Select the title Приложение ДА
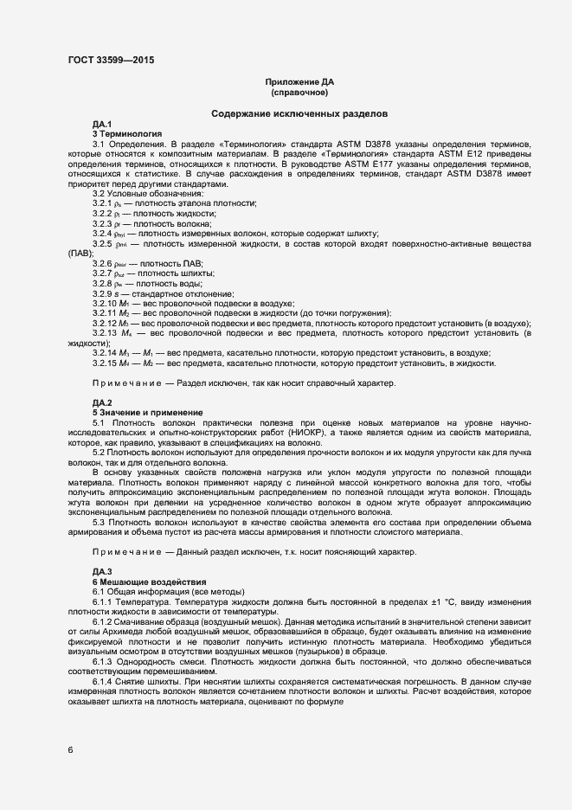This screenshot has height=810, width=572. coord(299,81)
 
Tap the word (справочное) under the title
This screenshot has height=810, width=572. coord(299,92)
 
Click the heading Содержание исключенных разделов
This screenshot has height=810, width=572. coord(299,114)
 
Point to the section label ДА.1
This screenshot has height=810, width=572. coord(102,125)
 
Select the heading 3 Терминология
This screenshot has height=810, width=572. coord(127,135)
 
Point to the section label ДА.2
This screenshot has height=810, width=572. coord(102,403)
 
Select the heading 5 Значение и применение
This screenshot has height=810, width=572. coord(147,412)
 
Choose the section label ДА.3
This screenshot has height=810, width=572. coord(102,572)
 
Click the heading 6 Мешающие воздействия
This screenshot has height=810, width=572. coord(149,582)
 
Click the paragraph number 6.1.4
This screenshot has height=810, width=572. coord(104,683)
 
